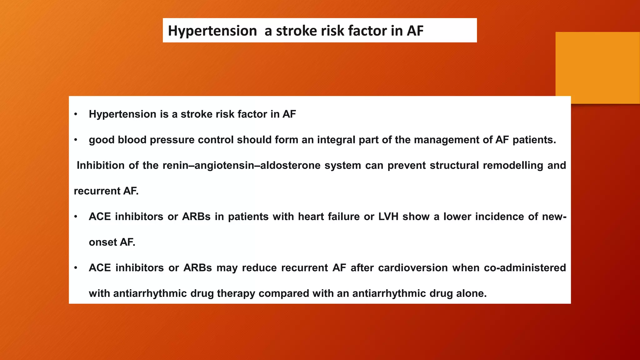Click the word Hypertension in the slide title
[212, 31]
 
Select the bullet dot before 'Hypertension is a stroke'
[76, 114]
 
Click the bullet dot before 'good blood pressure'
[76, 140]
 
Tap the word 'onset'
[102, 242]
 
